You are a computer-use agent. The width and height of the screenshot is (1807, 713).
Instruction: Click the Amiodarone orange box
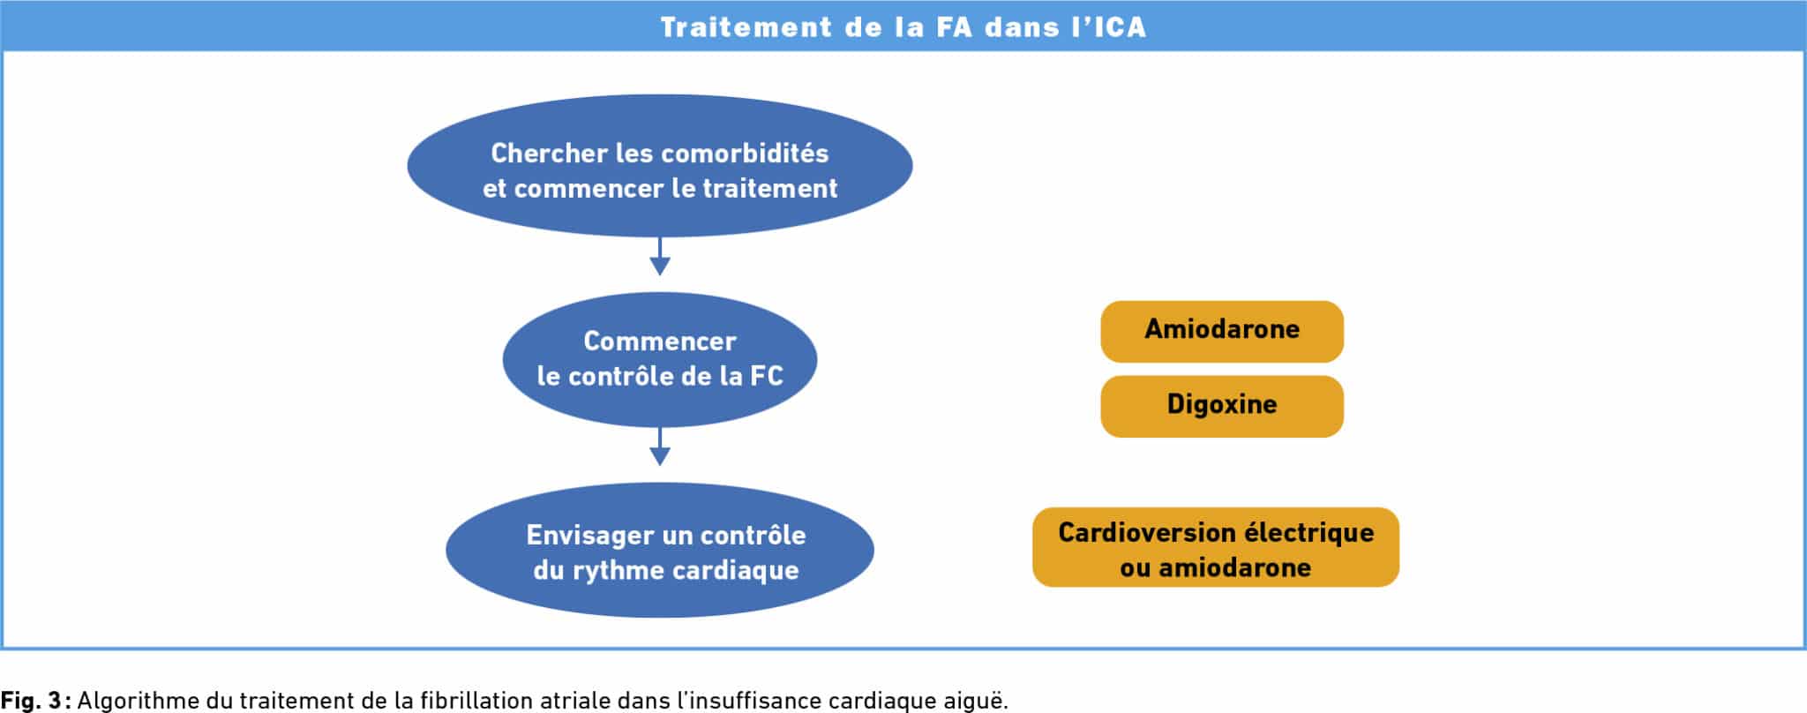point(1221,331)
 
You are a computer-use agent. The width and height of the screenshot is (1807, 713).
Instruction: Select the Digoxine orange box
point(1221,406)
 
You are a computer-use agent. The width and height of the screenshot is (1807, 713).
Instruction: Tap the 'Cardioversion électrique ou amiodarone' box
point(1215,547)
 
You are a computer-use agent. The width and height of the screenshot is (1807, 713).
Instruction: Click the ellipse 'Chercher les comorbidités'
point(659,167)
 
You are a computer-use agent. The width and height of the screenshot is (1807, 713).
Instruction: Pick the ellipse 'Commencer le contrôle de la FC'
point(659,359)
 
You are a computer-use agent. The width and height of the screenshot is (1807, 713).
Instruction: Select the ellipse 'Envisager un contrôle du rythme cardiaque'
point(659,550)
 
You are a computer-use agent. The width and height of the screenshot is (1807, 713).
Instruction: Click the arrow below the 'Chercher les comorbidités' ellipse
point(660,257)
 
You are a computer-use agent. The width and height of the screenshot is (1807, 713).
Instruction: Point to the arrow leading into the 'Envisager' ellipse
point(660,447)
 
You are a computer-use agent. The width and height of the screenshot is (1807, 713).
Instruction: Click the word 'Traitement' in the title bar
point(746,27)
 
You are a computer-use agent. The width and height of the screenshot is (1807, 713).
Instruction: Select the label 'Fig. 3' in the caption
point(31,701)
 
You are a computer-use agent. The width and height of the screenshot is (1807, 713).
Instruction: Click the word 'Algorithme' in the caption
point(138,701)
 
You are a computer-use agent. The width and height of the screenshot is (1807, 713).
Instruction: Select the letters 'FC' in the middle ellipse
point(766,377)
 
